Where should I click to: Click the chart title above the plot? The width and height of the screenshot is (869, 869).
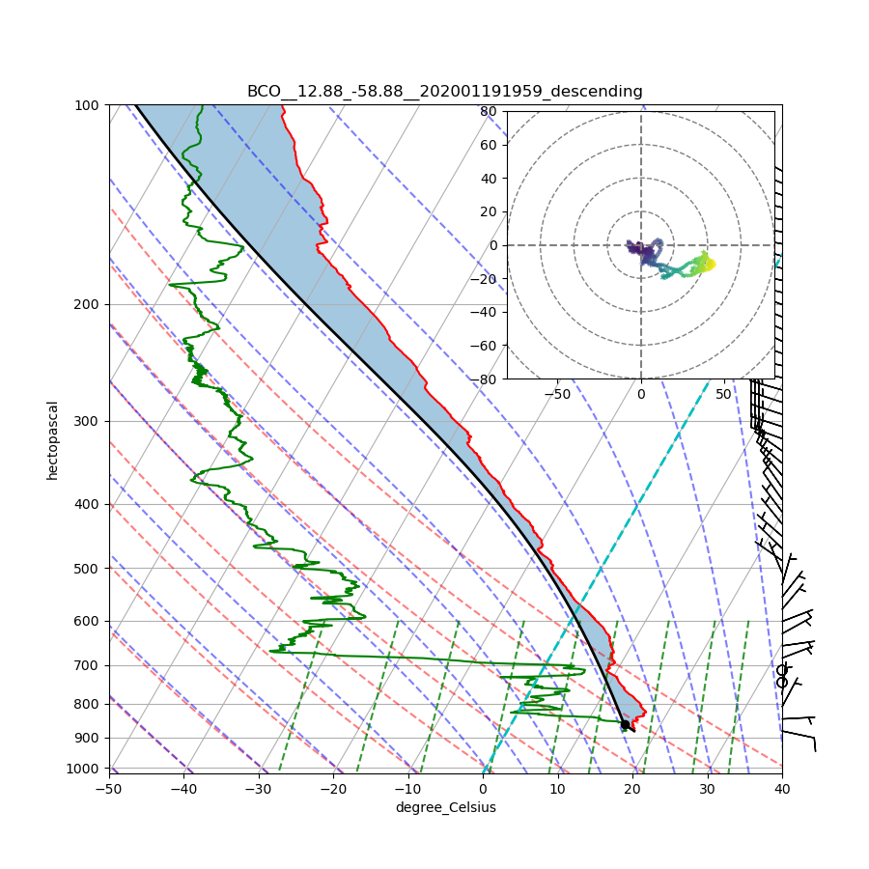444,92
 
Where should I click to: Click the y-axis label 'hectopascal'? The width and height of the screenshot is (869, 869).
53,439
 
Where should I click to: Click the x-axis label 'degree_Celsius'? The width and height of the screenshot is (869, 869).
445,807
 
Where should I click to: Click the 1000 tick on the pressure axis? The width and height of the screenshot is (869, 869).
84,768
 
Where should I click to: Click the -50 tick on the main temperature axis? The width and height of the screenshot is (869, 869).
108,789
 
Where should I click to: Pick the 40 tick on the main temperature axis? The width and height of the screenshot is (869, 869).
782,789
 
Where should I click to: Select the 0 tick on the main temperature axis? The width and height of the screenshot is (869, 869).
483,789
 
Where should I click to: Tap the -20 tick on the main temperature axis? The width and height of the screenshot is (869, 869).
333,789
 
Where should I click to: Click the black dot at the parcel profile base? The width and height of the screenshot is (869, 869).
625,724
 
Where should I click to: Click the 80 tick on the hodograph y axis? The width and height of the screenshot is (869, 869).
489,111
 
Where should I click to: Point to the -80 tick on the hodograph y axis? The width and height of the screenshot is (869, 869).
486,379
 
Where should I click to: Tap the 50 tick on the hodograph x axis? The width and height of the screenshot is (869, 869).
724,394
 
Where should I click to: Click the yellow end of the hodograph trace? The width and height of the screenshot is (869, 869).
710,263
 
